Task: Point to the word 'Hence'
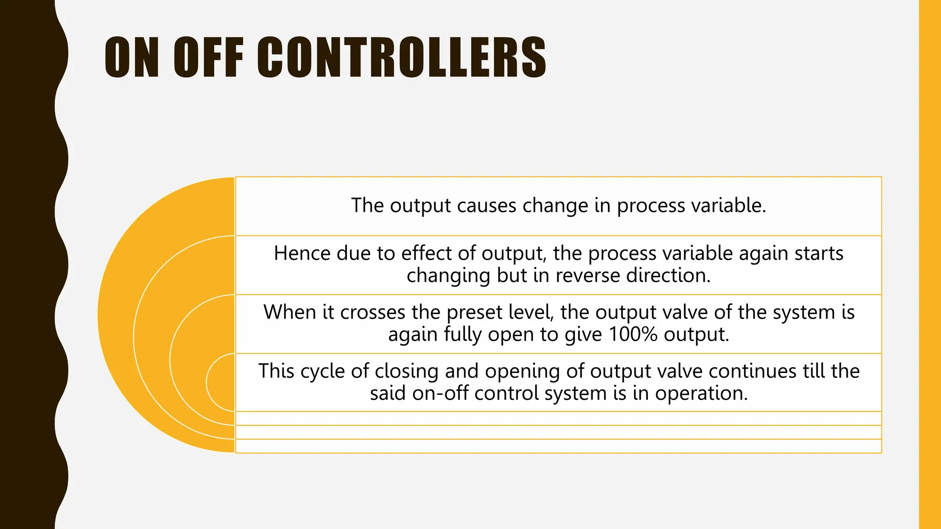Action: (x=302, y=253)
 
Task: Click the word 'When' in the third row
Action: (x=289, y=312)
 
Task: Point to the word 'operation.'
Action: (x=702, y=393)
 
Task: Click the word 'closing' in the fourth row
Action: (x=407, y=371)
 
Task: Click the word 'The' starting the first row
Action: (x=367, y=205)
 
